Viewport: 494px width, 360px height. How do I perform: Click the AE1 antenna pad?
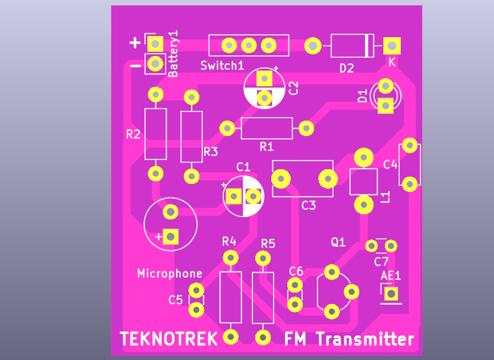(x=391, y=294)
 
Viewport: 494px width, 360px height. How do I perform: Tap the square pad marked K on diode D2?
(x=392, y=45)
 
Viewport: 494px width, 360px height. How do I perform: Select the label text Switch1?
(x=222, y=66)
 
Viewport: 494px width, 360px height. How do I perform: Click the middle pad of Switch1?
(x=248, y=45)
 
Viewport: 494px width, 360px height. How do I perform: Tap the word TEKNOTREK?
(x=169, y=339)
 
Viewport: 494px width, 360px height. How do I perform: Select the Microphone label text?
(x=170, y=274)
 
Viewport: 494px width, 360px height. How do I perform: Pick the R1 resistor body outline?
(x=267, y=128)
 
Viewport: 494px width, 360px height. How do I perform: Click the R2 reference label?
(x=134, y=135)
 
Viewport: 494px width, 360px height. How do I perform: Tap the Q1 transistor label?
(x=338, y=242)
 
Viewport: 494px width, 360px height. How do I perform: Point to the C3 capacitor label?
(x=308, y=205)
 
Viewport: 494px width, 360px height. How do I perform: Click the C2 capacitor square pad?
(x=264, y=78)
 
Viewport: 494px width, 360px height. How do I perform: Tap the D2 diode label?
(x=347, y=69)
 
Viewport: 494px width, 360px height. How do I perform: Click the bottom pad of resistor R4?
(x=231, y=336)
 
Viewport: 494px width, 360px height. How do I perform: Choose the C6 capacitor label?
(x=296, y=271)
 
